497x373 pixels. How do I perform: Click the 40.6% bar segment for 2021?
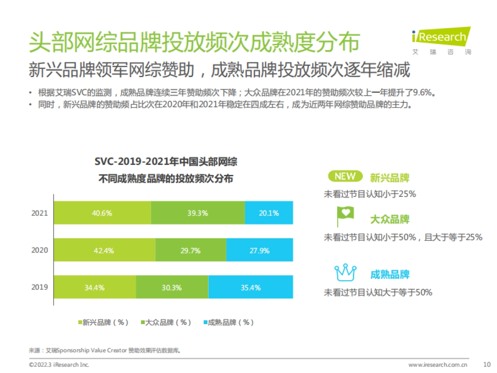coord(102,213)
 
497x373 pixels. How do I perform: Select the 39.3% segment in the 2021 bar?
coord(198,213)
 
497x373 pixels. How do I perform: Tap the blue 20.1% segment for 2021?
coord(269,213)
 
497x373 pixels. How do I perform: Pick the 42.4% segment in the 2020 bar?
coord(104,250)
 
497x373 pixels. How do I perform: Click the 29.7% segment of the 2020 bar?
coord(191,250)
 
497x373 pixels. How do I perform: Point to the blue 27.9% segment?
coord(259,250)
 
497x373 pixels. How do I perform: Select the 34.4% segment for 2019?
coord(95,287)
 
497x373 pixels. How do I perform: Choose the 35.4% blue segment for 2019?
coord(251,287)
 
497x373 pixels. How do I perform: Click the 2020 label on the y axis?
coord(40,250)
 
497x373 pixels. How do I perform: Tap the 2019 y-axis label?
coord(40,287)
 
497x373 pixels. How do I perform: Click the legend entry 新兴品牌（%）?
coord(103,322)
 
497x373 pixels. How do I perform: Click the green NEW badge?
coord(345,176)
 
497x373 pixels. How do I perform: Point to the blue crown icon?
coord(345,273)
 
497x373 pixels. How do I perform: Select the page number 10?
coord(487,365)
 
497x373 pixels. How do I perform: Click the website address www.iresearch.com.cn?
coord(438,365)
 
